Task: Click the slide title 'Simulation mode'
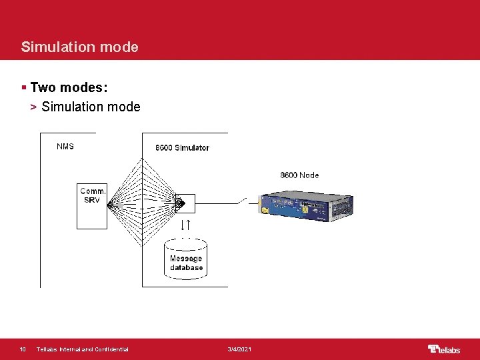79,47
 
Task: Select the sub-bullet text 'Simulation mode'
91,107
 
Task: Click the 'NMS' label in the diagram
65,146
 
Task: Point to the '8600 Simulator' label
181,148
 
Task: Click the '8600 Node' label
299,175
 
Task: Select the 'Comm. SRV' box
92,196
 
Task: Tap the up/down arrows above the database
186,226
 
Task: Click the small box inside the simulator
185,201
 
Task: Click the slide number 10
23,349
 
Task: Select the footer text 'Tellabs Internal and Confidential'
83,349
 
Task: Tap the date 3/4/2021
239,349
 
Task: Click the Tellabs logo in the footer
443,349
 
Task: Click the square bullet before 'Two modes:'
24,88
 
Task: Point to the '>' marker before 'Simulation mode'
34,107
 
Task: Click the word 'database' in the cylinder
186,268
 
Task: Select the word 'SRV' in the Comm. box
92,200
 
